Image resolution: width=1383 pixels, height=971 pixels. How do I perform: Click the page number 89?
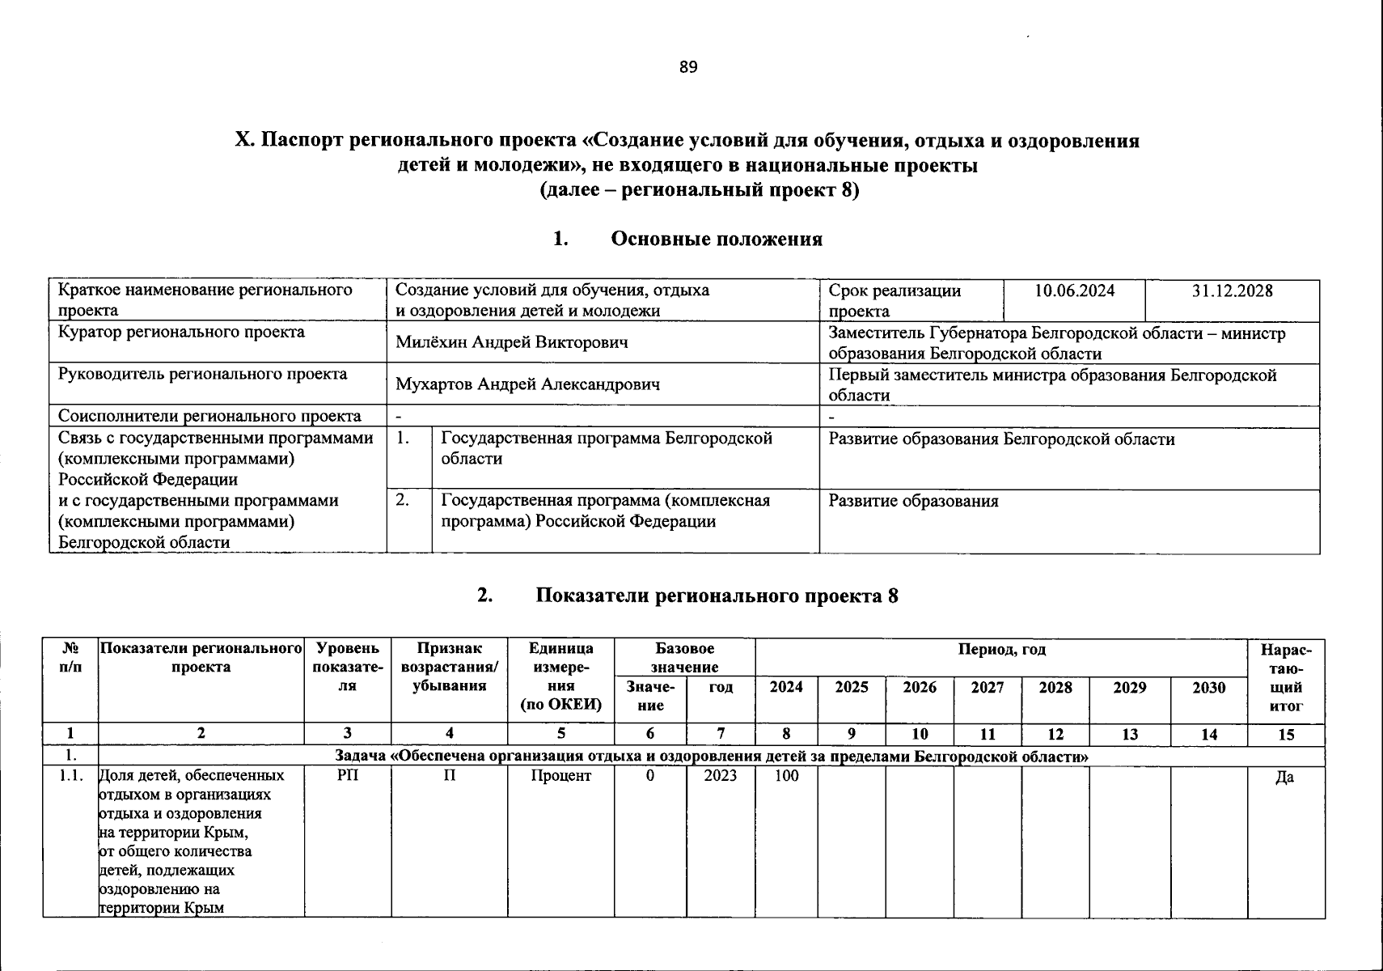[x=688, y=67]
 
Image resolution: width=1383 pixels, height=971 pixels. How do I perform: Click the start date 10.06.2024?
[x=1074, y=291]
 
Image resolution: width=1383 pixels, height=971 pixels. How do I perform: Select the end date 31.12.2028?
[x=1232, y=291]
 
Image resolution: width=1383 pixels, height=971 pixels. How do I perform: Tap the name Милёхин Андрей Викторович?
[x=512, y=343]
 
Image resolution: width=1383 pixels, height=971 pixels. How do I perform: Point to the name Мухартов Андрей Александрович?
[x=527, y=384]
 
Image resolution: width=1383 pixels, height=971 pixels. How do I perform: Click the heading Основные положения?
[x=716, y=239]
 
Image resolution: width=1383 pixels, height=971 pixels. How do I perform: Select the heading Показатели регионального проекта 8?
[x=717, y=596]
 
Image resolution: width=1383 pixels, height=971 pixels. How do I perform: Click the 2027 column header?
[x=987, y=688]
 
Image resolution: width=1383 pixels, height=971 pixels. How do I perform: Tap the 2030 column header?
[x=1208, y=688]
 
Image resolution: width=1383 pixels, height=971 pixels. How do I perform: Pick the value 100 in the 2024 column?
[x=786, y=776]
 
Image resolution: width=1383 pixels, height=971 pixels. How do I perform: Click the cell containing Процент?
[x=560, y=776]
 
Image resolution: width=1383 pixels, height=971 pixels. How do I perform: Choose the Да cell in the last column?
[x=1284, y=778]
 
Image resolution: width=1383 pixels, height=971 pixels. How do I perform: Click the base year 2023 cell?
[x=720, y=776]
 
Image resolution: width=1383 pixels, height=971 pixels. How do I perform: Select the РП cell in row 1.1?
[x=347, y=776]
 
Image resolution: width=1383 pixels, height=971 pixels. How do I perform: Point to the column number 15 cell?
[x=1285, y=735]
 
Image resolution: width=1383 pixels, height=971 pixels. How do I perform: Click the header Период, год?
[x=1001, y=649]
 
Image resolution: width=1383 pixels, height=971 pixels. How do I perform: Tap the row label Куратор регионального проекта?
[x=181, y=333]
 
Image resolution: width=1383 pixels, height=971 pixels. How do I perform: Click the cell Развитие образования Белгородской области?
[x=1001, y=439]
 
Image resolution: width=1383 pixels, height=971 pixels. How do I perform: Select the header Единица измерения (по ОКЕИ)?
[x=560, y=676]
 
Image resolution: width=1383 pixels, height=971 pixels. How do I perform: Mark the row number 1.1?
[x=70, y=776]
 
